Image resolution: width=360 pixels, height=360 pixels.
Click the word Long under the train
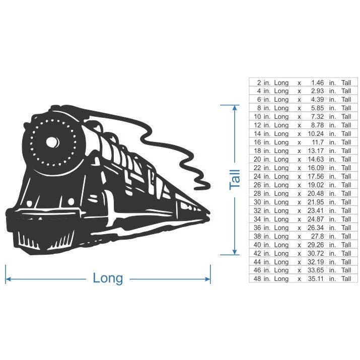click(108, 278)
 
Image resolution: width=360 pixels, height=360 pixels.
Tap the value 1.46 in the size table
click(317, 82)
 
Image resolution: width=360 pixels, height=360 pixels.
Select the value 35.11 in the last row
click(316, 279)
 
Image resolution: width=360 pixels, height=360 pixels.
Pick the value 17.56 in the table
click(316, 176)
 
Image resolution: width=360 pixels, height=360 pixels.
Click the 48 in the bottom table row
click(257, 279)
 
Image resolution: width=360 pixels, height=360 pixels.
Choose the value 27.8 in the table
click(317, 236)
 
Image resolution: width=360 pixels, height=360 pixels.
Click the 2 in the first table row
click(259, 82)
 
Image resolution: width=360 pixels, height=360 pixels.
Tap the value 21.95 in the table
click(316, 202)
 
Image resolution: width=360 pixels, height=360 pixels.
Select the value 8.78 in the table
click(317, 125)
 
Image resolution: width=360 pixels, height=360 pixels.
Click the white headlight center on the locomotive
click(52, 142)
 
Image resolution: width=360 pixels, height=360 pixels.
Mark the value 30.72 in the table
click(316, 253)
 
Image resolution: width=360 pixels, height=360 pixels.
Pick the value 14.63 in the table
click(316, 159)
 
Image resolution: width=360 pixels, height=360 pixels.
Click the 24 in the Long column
click(257, 176)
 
